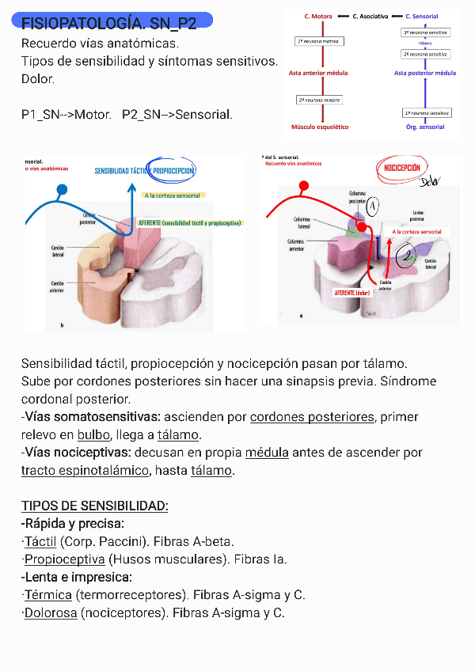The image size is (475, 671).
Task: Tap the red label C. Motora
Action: click(318, 16)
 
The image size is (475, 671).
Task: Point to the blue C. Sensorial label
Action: click(421, 16)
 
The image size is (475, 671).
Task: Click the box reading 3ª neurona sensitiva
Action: click(426, 32)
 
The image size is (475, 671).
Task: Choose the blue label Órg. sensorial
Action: click(425, 127)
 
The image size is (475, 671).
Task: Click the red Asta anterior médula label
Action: click(319, 73)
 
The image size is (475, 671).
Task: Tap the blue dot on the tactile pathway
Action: click(62, 190)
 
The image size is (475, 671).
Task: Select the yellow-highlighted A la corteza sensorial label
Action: click(173, 195)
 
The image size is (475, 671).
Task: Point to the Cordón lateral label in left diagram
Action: click(56, 251)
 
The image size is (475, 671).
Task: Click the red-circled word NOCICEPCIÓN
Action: click(402, 169)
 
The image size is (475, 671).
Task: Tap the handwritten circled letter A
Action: click(373, 206)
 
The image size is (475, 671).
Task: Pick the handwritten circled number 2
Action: click(406, 255)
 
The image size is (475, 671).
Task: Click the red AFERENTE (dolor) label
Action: click(352, 293)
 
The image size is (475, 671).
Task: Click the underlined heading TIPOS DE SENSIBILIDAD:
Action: click(95, 506)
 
